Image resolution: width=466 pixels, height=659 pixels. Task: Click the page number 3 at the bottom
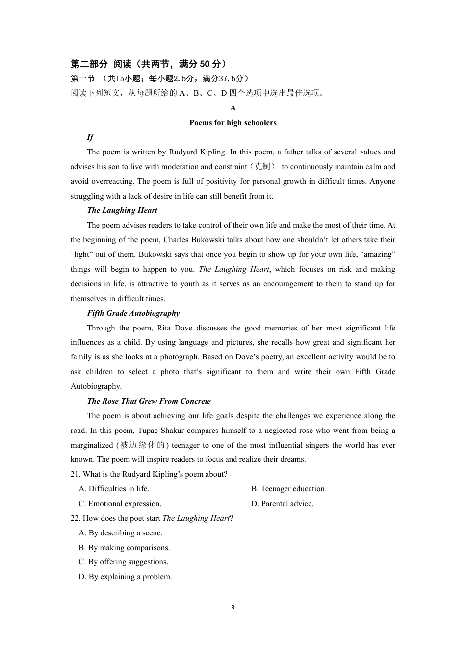(233, 607)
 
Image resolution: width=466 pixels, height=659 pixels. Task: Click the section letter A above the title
(233, 108)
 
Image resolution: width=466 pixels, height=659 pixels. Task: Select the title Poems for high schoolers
(233, 123)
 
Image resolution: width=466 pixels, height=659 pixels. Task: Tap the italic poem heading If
(90, 137)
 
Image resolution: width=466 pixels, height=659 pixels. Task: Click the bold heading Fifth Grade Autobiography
(133, 313)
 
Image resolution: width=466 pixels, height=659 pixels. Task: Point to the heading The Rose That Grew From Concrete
(149, 401)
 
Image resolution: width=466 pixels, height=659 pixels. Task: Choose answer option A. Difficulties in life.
(114, 489)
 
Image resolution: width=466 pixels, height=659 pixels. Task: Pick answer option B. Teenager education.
(288, 489)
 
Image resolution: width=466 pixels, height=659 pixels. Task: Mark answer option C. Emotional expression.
(120, 504)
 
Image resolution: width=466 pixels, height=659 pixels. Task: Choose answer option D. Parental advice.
(282, 504)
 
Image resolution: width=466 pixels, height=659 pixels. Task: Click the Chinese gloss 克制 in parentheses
(263, 167)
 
